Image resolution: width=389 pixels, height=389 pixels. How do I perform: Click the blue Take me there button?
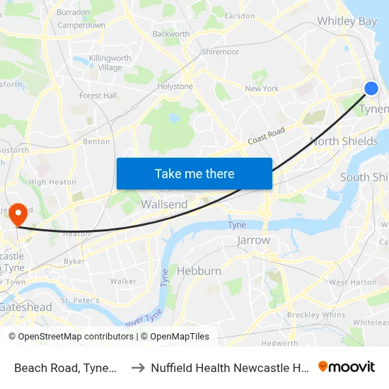tap(194, 173)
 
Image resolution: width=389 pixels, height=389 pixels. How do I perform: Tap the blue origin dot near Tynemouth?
tap(371, 88)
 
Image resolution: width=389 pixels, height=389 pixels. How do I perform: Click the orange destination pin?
tap(18, 213)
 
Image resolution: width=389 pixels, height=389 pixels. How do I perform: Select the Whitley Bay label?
tap(347, 21)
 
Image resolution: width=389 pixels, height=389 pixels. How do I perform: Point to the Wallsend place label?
tap(164, 204)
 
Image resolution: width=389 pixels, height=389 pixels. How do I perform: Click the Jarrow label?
tap(254, 240)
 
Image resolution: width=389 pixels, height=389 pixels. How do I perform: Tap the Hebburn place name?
tap(199, 271)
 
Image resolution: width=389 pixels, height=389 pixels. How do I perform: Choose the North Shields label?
tap(344, 141)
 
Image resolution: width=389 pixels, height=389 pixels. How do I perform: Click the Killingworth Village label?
tap(105, 63)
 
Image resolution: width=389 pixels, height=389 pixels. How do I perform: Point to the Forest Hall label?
tap(98, 95)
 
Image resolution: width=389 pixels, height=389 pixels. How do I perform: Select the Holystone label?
tap(175, 87)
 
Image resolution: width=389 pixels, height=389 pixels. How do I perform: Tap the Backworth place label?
tap(170, 34)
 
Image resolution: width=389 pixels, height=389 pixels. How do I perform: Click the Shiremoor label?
tap(220, 52)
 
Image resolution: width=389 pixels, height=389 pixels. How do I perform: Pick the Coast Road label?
tap(266, 137)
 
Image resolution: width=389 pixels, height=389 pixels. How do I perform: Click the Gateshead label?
tap(26, 308)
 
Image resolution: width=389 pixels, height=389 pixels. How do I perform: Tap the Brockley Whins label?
tap(316, 315)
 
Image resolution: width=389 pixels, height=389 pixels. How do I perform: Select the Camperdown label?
tap(81, 25)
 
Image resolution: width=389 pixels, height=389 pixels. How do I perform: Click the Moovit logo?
tap(347, 367)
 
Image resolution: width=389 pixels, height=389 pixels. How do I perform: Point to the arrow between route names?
tap(138, 368)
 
